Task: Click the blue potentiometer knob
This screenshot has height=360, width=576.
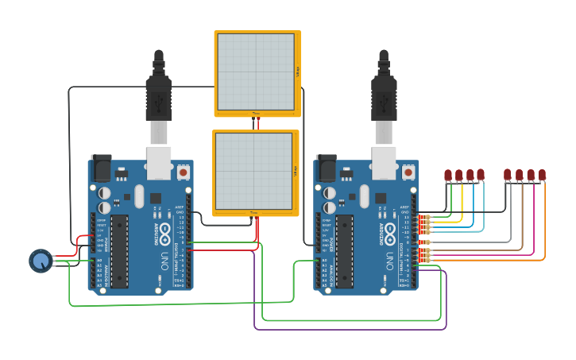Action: point(41,260)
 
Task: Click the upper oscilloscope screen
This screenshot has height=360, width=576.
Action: point(256,72)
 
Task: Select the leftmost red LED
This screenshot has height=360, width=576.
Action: point(448,175)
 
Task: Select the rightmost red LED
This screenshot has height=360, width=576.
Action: point(542,175)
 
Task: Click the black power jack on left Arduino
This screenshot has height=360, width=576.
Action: point(101,167)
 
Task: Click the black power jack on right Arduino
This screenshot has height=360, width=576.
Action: point(326,167)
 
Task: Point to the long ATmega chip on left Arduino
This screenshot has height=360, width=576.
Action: point(119,250)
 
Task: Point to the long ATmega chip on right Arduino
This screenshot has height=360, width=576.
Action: point(345,250)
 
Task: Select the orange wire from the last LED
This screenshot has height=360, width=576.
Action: point(544,230)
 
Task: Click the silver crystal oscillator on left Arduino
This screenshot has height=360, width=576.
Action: point(140,195)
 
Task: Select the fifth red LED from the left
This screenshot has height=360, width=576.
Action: point(508,175)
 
